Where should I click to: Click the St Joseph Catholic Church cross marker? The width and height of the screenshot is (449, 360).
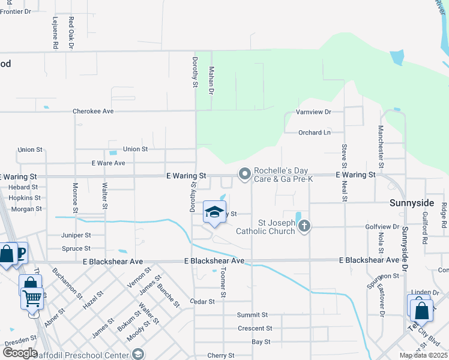(x=304, y=226)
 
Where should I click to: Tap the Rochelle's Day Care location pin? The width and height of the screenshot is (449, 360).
(x=244, y=174)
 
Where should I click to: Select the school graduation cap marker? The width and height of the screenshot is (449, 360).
(x=214, y=212)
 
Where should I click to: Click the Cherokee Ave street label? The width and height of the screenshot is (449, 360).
(x=93, y=112)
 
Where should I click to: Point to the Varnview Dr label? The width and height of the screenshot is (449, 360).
(x=313, y=112)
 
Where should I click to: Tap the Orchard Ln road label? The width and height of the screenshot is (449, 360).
(x=315, y=133)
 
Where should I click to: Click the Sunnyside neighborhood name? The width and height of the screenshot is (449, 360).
(x=411, y=203)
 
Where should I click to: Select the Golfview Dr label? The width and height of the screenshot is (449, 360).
(x=382, y=227)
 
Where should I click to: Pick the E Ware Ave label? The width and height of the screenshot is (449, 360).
(x=108, y=163)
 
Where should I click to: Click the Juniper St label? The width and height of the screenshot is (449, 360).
(x=76, y=236)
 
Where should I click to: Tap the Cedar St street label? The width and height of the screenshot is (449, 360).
(x=202, y=302)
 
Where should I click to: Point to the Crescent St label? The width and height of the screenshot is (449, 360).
(x=255, y=329)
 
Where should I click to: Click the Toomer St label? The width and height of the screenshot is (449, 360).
(x=223, y=283)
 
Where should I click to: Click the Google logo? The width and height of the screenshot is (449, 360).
(x=19, y=353)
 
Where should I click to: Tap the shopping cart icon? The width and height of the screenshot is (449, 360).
(x=32, y=297)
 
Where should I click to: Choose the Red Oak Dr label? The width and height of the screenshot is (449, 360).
(x=71, y=32)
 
